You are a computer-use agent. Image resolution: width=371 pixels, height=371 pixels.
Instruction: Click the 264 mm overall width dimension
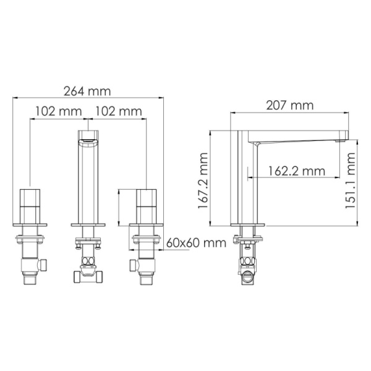pos(87,91)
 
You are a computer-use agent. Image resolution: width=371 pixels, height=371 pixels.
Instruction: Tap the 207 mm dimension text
pos(289,106)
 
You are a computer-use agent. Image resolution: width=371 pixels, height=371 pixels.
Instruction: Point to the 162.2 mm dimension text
pos(296,170)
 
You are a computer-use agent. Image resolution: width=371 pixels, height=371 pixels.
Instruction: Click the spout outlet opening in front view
pos(89,141)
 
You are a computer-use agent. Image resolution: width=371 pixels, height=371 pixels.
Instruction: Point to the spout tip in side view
pos(341,137)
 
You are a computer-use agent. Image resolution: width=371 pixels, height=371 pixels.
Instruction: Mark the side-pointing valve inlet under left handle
pos(45,265)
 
